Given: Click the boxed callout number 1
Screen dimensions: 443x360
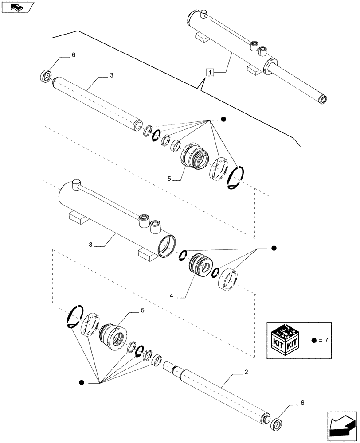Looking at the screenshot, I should [210, 71].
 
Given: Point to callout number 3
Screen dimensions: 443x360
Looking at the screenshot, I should [111, 75].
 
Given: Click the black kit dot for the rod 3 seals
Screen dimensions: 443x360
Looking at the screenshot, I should [223, 119].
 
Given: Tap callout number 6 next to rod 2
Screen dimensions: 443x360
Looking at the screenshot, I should [303, 403].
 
